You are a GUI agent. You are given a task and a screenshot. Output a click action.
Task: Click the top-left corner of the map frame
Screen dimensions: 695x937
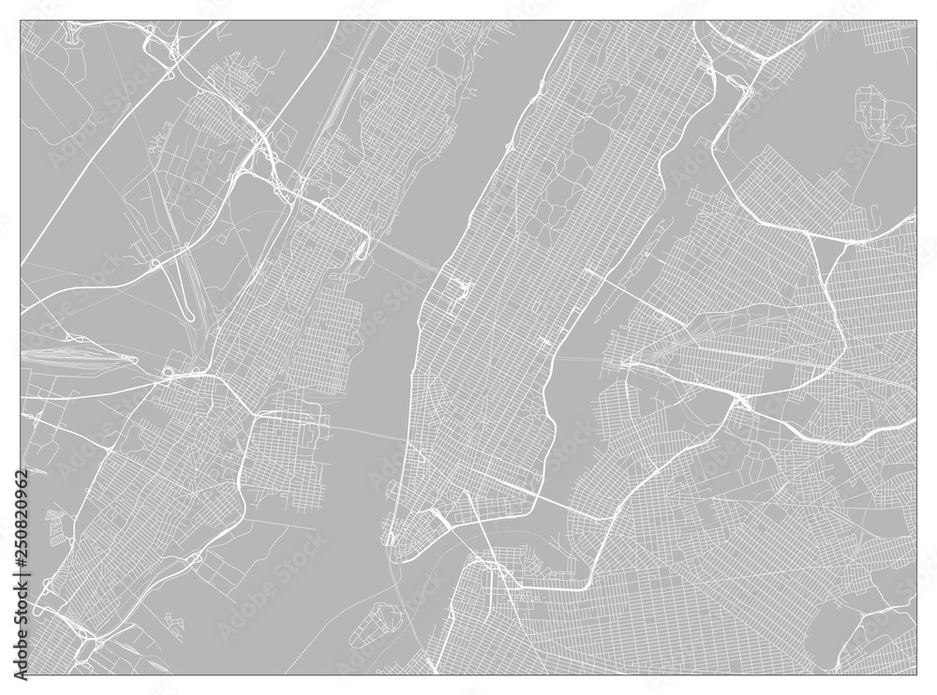click(21, 22)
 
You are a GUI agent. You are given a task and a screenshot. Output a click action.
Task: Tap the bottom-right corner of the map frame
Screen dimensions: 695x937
click(916, 674)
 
